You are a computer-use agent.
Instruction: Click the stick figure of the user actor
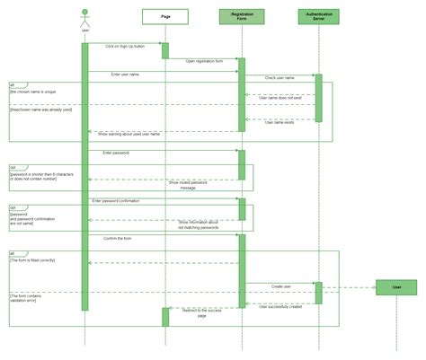84,18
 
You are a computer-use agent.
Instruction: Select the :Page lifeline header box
165,16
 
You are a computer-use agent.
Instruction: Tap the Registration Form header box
241,16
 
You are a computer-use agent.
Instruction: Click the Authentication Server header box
318,16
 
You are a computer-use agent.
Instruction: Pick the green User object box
395,287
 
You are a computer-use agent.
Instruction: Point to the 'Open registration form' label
203,61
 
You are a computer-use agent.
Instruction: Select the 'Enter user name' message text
126,75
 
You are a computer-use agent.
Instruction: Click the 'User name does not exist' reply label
280,98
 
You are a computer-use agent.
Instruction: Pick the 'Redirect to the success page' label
202,313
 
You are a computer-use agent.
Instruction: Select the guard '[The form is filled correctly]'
33,259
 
